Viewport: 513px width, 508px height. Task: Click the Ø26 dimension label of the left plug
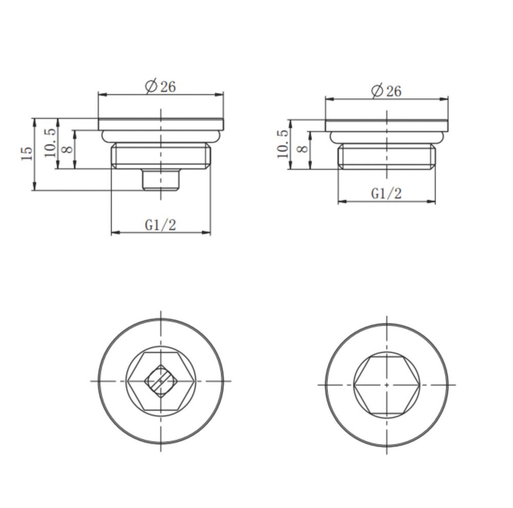coord(160,86)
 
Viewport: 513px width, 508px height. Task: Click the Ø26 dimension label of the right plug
coord(386,90)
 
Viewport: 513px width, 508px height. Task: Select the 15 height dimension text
coord(27,153)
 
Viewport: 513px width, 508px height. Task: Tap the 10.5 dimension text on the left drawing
coord(51,143)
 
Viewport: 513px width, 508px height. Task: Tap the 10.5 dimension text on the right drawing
coord(283,144)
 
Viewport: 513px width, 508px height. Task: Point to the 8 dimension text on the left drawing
coord(67,149)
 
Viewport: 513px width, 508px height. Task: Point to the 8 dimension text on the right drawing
coord(302,148)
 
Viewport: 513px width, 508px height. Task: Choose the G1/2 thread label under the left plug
coord(160,225)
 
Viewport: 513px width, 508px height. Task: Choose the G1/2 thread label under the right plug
coord(386,194)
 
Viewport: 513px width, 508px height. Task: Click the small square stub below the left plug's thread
coord(161,179)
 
